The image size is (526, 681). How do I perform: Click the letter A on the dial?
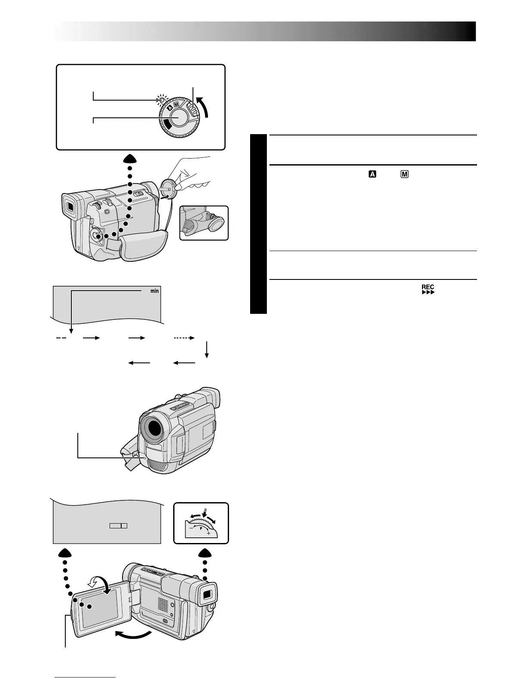[x=170, y=109]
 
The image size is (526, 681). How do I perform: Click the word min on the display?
[x=154, y=291]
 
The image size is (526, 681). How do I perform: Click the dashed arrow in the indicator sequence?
[x=184, y=338]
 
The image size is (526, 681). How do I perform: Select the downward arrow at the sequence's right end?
[x=207, y=350]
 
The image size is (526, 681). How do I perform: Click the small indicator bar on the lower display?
[x=119, y=526]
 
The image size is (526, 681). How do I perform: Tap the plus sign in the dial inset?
[x=208, y=533]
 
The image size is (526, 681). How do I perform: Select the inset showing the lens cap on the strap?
[x=204, y=223]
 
